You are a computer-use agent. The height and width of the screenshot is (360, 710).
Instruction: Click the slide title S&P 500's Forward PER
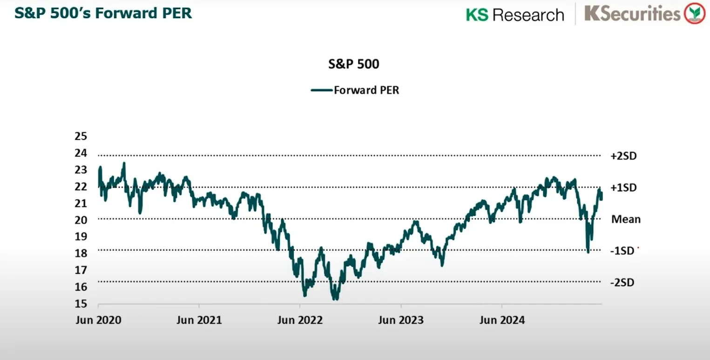pos(103,13)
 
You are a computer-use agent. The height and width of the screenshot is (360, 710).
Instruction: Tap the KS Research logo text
pos(514,14)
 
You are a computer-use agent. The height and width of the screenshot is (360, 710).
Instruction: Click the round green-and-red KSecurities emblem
pos(696,14)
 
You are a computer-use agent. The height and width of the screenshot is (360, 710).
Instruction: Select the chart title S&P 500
pos(354,64)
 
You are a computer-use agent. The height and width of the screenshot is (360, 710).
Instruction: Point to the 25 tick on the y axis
pos(81,136)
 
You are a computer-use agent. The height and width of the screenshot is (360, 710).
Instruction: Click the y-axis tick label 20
pos(81,219)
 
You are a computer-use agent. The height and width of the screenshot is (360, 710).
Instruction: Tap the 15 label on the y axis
pos(81,304)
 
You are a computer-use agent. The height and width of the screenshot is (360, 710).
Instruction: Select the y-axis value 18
pos(81,253)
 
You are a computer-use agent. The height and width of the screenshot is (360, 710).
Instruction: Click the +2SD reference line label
pos(623,156)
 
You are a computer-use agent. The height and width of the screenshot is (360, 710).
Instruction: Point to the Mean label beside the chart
pos(626,219)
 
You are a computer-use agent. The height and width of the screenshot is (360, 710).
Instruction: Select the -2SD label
pos(622,283)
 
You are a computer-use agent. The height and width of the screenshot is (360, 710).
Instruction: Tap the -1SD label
pos(622,251)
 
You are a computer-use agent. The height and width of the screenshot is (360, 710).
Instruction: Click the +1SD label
pos(623,187)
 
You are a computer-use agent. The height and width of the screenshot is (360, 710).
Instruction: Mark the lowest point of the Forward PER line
pos(335,299)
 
